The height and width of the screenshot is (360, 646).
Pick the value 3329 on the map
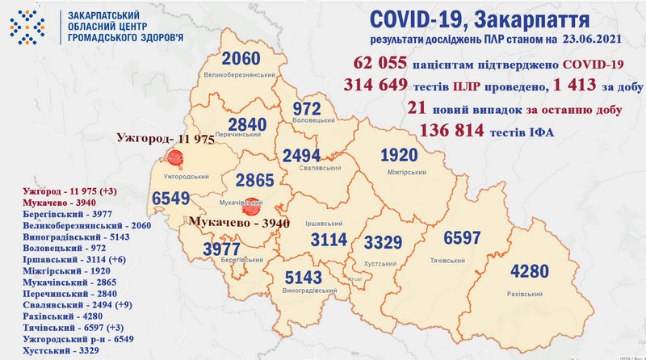[383, 241]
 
